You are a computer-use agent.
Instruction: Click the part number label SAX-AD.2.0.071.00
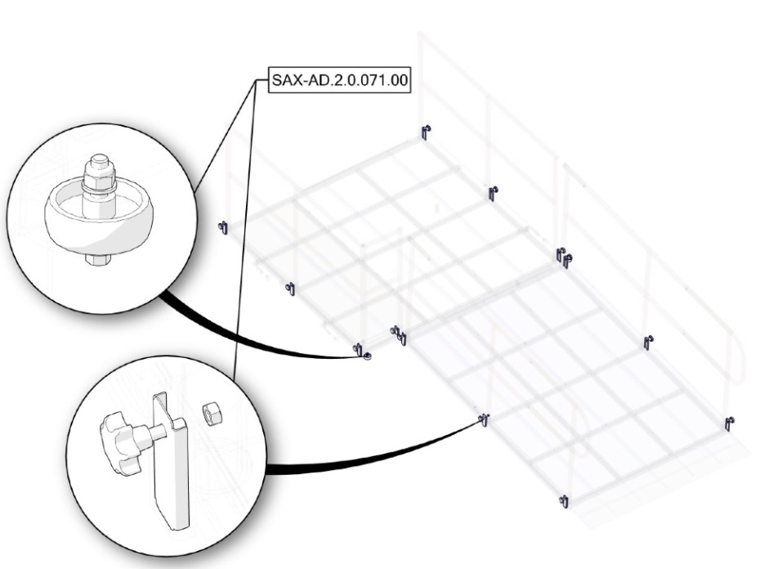coord(339,79)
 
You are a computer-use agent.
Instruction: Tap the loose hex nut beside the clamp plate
coord(210,414)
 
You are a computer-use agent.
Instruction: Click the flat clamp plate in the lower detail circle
coord(170,461)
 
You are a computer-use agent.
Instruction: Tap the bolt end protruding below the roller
coord(98,260)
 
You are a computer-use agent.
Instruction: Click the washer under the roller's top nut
coord(99,187)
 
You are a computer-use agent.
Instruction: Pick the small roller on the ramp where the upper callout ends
coord(367,357)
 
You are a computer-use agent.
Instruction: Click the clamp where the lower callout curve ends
coord(484,419)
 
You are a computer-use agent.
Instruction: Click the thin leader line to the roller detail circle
coord(225,136)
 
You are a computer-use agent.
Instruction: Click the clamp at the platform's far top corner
coord(426,132)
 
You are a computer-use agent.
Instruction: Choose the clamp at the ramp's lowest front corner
coord(564,501)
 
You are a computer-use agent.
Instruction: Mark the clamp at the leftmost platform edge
coord(223,227)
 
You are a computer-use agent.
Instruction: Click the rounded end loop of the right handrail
coord(737,359)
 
